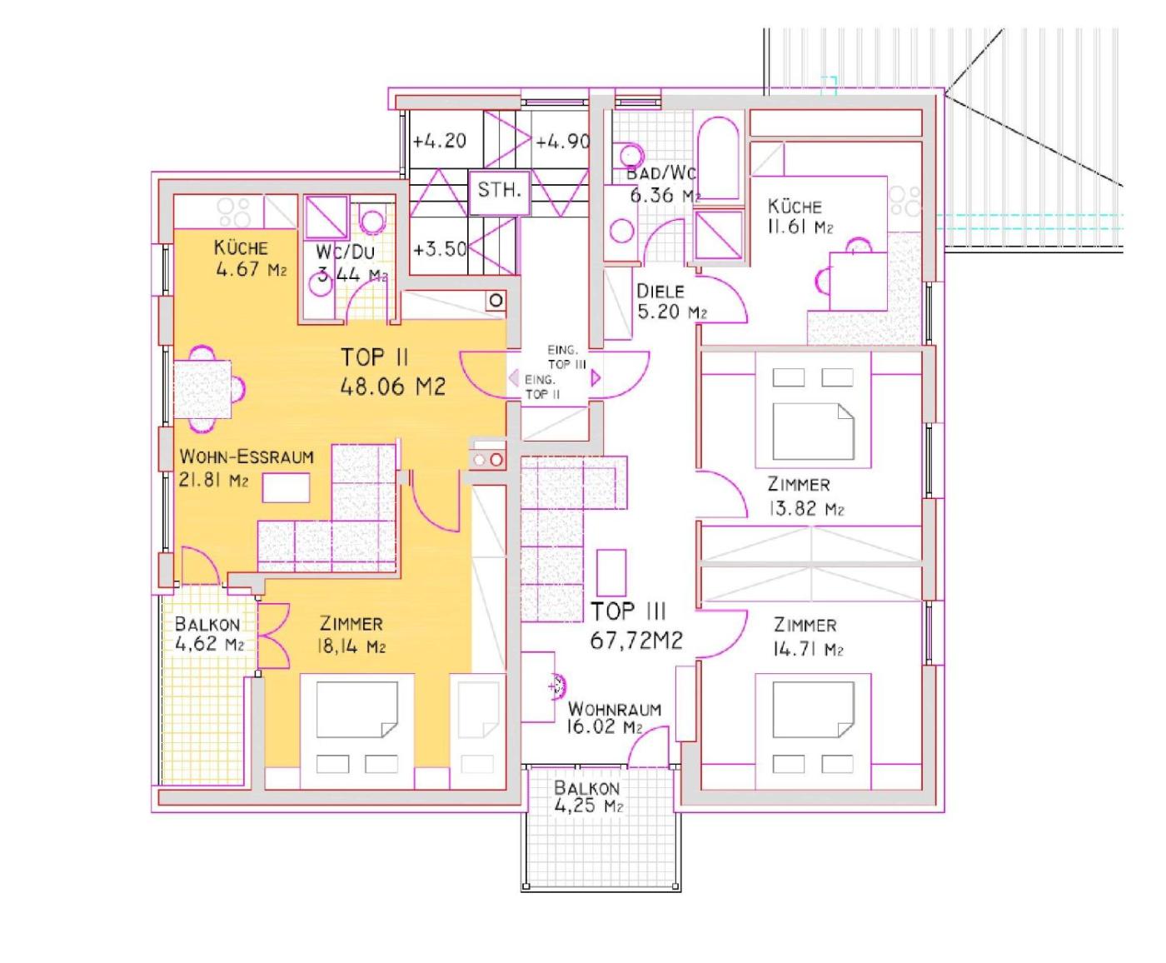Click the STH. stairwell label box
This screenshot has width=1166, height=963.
pyautogui.click(x=499, y=192)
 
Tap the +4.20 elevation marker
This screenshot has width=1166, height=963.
pyautogui.click(x=439, y=141)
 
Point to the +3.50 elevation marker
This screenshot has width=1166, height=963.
pyautogui.click(x=440, y=249)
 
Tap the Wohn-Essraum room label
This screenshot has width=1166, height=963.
pyautogui.click(x=247, y=468)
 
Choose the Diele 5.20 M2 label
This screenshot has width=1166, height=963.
pyautogui.click(x=672, y=302)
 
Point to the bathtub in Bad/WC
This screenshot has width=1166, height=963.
pyautogui.click(x=719, y=158)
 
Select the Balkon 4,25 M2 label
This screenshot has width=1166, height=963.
pyautogui.click(x=588, y=797)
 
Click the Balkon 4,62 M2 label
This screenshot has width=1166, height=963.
pyautogui.click(x=209, y=634)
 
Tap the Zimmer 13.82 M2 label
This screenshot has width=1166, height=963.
pyautogui.click(x=805, y=496)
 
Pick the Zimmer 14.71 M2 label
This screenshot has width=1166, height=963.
pyautogui.click(x=808, y=636)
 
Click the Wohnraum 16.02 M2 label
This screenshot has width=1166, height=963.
pyautogui.click(x=615, y=718)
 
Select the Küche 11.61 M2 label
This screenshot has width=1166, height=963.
pyautogui.click(x=800, y=216)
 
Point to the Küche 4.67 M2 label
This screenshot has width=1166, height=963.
pyautogui.click(x=250, y=258)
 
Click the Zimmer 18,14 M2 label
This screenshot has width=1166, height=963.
pyautogui.click(x=351, y=635)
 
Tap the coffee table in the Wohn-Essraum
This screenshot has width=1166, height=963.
pyautogui.click(x=286, y=487)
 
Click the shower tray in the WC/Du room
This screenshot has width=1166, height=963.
pyautogui.click(x=326, y=218)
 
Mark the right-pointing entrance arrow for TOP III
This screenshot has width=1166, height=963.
pyautogui.click(x=595, y=378)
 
